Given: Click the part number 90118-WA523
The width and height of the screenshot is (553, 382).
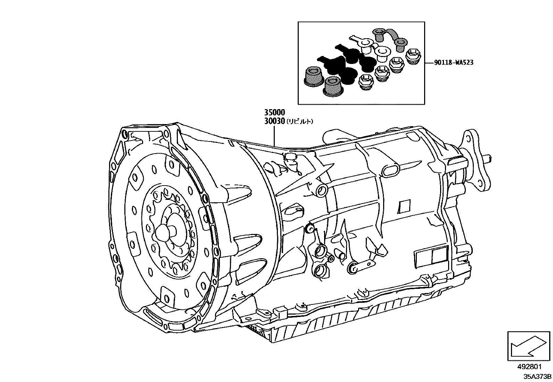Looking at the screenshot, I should click(x=454, y=63).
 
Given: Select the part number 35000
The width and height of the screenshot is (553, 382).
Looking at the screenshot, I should click(x=274, y=113).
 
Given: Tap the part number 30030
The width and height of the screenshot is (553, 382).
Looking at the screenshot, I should click(x=274, y=121).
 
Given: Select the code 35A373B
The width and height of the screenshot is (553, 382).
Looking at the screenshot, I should click(x=538, y=376).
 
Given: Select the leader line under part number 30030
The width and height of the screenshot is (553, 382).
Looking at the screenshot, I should click(x=274, y=136).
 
